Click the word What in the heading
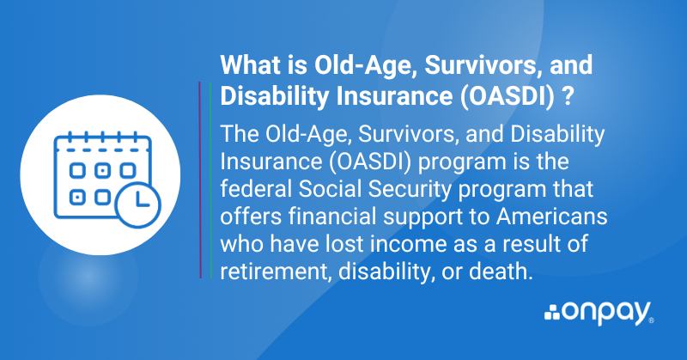[x=248, y=66]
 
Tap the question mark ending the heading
[x=568, y=96]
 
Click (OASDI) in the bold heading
[x=507, y=96]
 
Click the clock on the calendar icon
[x=137, y=204]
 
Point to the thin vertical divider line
[x=200, y=180]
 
